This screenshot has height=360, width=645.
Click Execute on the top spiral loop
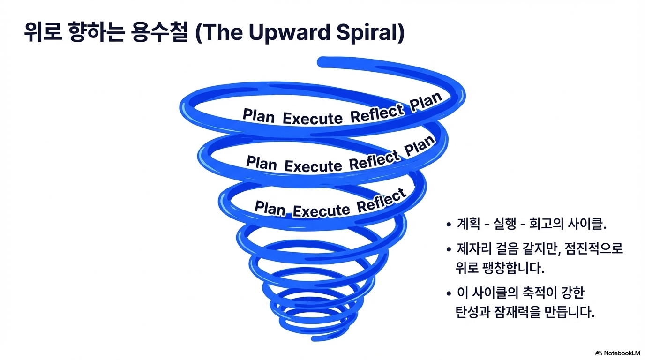point(313,119)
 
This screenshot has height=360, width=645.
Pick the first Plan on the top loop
point(258,115)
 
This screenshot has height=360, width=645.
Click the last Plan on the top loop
point(426,102)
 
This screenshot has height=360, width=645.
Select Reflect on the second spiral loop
point(374,161)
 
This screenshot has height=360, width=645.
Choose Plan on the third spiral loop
point(270,207)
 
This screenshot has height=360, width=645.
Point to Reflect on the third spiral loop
point(381,201)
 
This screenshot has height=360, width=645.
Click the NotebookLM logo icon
point(599,353)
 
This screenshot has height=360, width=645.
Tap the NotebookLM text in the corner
point(622,353)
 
